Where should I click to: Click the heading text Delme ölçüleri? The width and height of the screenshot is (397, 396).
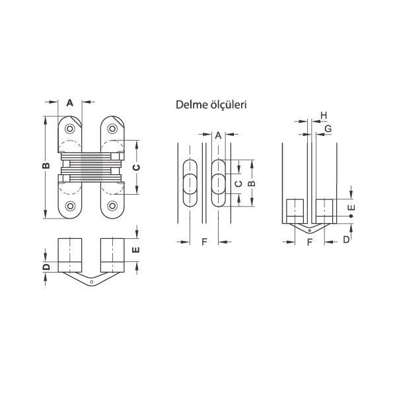(x=211, y=104)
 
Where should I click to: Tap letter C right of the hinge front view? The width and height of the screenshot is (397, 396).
(x=136, y=168)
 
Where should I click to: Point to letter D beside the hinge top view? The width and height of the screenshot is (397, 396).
(x=46, y=267)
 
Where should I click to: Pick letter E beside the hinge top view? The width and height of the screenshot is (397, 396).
(x=136, y=249)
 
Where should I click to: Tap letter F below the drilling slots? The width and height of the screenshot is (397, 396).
(x=204, y=242)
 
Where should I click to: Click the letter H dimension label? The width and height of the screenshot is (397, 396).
(x=323, y=115)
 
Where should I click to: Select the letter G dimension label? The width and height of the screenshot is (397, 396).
(x=328, y=129)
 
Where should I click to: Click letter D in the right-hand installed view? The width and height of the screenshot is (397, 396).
(x=345, y=240)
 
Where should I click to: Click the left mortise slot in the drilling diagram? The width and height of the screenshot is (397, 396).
(x=188, y=183)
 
